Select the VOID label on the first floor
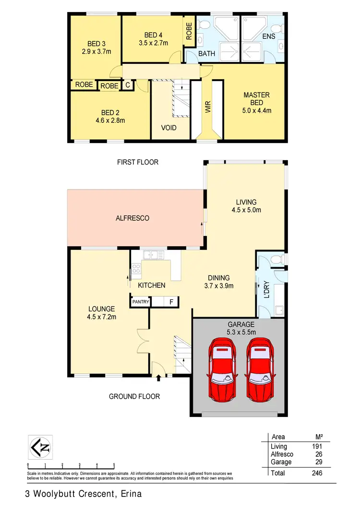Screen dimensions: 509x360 [x=169, y=128]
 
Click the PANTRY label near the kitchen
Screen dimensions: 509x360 [x=141, y=302]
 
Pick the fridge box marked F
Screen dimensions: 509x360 [x=171, y=302]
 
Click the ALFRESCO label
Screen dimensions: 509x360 [x=132, y=218]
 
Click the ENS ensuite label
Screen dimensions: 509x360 [x=269, y=36]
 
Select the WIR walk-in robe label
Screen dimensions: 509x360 [x=208, y=106]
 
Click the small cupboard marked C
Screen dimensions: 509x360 [x=127, y=85]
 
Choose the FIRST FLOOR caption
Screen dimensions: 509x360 [x=138, y=162]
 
